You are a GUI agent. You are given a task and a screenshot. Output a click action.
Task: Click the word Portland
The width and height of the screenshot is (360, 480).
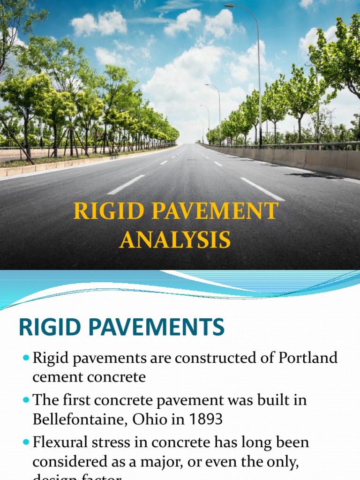pyautogui.click(x=308, y=358)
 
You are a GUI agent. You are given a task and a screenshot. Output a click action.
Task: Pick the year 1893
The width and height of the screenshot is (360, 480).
pyautogui.click(x=202, y=419)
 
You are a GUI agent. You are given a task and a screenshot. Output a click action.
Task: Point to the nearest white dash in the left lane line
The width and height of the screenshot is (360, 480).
pyautogui.click(x=126, y=185)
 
